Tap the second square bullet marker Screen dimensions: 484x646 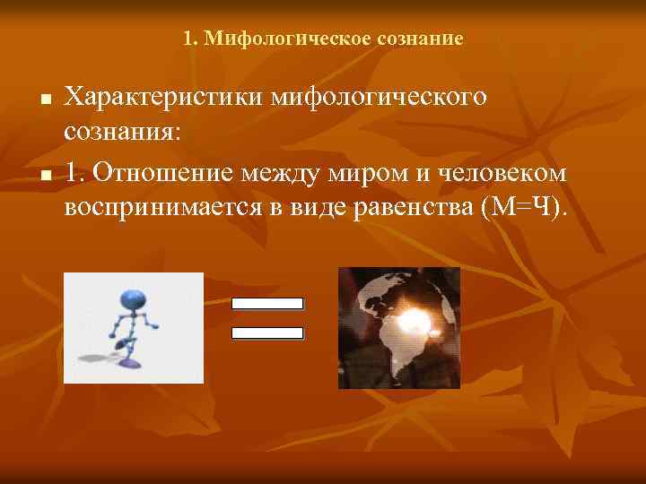tap(44, 172)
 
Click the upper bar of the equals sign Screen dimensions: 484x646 tap(267, 303)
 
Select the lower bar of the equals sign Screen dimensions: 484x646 tap(267, 333)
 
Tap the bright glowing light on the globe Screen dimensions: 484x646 tap(417, 317)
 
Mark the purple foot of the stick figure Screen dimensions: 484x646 tap(130, 364)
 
